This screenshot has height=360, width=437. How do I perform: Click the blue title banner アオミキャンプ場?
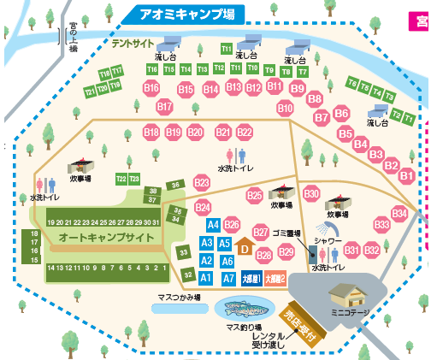[180, 14]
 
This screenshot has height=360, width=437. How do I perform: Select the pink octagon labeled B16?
[152, 87]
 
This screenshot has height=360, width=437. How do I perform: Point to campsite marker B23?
[203, 183]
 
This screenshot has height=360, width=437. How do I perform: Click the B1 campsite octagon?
[407, 175]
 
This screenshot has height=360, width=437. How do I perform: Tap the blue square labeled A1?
[206, 277]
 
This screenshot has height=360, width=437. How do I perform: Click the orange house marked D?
[244, 248]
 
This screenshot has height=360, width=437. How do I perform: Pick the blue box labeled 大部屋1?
[251, 278]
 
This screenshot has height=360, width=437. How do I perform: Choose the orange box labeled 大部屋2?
[275, 278]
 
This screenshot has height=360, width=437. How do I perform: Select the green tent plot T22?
[121, 179]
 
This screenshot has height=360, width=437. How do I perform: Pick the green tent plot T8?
[352, 83]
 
